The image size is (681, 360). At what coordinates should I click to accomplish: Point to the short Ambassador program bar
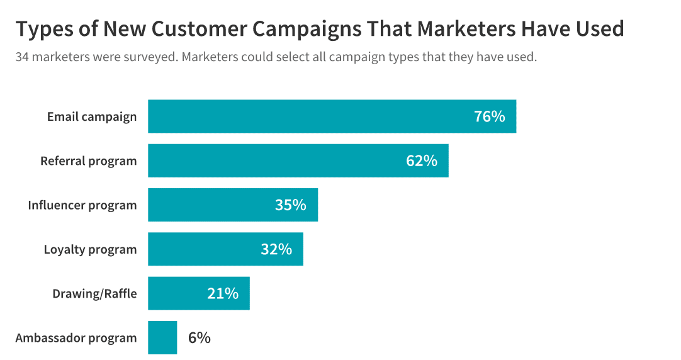[x=162, y=337]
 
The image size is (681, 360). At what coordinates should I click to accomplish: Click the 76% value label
[x=489, y=116]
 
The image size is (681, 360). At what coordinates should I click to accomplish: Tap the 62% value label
[x=421, y=160]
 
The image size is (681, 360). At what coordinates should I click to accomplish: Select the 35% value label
[x=290, y=205]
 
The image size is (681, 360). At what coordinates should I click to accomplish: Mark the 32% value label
[x=276, y=249]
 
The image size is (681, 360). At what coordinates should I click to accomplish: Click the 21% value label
[x=223, y=293]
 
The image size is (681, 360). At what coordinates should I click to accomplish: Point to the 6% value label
[x=199, y=337]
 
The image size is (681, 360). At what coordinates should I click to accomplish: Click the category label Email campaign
[x=92, y=116]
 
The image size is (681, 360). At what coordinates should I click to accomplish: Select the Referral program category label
[x=88, y=160]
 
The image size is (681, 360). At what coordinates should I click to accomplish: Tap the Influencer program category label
[x=82, y=205]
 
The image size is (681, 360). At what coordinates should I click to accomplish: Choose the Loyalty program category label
[x=90, y=249]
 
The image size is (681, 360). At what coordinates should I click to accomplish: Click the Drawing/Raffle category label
[x=94, y=293]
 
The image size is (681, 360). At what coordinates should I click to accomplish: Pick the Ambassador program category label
[x=76, y=337]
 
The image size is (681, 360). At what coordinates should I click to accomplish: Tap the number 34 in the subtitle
[x=22, y=57]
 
